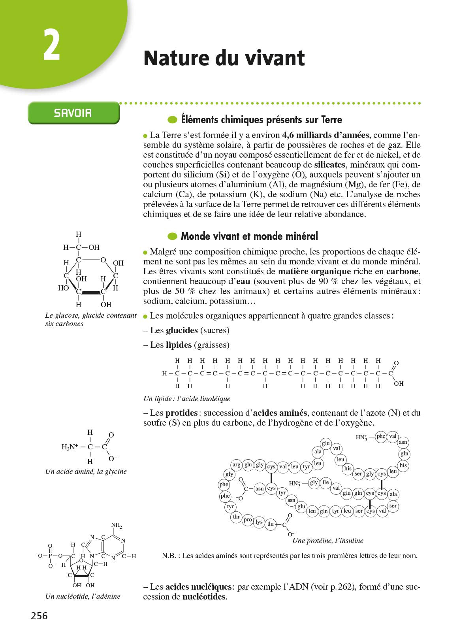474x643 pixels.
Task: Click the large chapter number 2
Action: (x=51, y=45)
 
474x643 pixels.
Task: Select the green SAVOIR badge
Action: (x=73, y=113)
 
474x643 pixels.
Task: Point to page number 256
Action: (x=39, y=616)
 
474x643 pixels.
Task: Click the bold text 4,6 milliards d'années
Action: (x=325, y=135)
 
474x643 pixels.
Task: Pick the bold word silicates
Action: (x=330, y=164)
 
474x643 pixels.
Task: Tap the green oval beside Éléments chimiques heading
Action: (x=172, y=120)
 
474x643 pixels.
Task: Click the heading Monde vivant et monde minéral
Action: (x=249, y=236)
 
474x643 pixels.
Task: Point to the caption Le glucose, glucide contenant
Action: (x=91, y=315)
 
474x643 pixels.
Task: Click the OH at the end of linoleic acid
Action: (x=399, y=383)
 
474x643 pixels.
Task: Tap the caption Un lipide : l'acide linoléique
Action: (x=187, y=398)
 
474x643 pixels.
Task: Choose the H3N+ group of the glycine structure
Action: (x=70, y=447)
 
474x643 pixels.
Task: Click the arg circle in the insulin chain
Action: (x=237, y=465)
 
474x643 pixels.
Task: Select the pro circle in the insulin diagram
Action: (x=248, y=520)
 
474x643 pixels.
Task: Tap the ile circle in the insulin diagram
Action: (x=325, y=482)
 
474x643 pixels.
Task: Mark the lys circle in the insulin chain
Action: (x=259, y=522)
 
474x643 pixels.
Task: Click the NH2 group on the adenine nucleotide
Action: (x=117, y=526)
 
